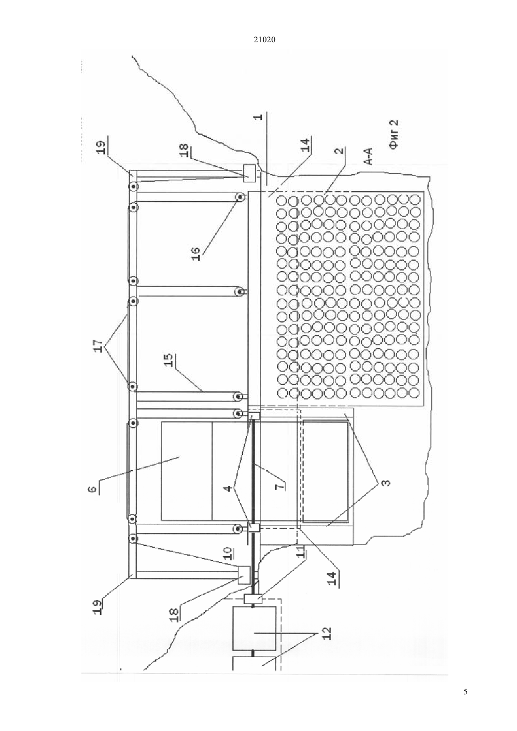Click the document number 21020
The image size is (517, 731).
click(x=264, y=40)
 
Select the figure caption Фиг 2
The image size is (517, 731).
click(x=395, y=135)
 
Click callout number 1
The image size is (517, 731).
click(x=258, y=117)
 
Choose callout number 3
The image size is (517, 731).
click(x=385, y=482)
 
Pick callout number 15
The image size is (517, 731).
click(x=170, y=359)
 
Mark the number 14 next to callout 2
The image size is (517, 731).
click(x=306, y=145)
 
